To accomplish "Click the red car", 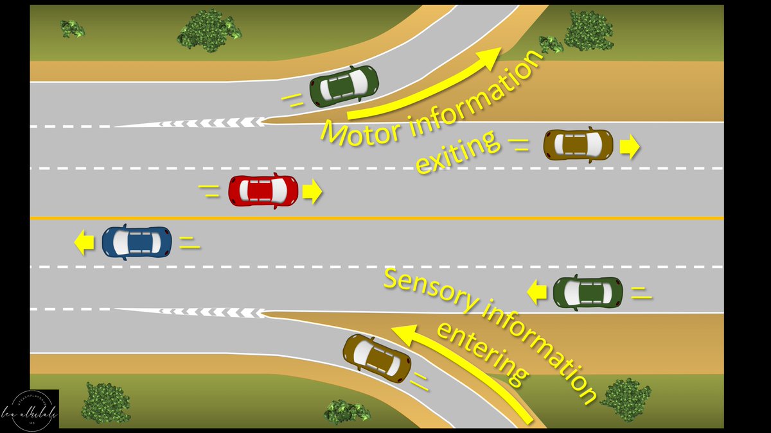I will pyautogui.click(x=263, y=191).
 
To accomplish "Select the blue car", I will pyautogui.click(x=137, y=242).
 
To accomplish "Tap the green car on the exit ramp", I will pyautogui.click(x=344, y=85).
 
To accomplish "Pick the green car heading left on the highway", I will pyautogui.click(x=588, y=293).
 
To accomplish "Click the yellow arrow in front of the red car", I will pyautogui.click(x=312, y=192).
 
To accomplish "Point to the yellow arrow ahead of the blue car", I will pyautogui.click(x=83, y=243).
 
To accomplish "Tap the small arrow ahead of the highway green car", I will pyautogui.click(x=536, y=293).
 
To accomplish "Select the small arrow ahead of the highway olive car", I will pyautogui.click(x=630, y=148).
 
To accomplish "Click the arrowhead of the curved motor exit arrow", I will pyautogui.click(x=492, y=57).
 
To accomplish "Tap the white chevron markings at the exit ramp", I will pyautogui.click(x=212, y=123).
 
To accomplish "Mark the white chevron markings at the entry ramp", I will pyautogui.click(x=212, y=312).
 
